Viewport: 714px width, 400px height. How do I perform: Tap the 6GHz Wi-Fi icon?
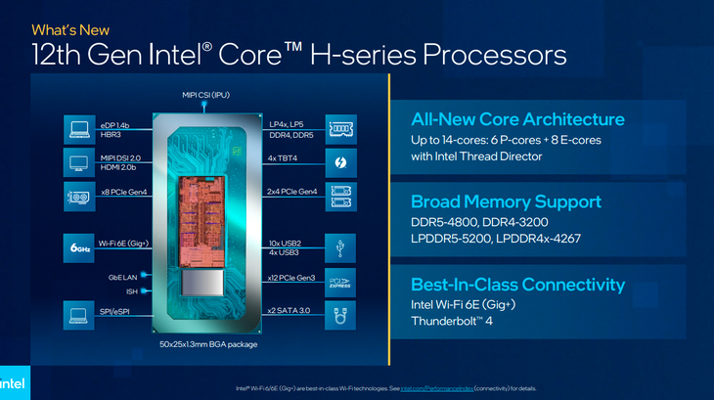(x=79, y=245)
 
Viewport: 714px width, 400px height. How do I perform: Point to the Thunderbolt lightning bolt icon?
(x=341, y=160)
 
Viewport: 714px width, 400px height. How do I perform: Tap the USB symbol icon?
(x=341, y=245)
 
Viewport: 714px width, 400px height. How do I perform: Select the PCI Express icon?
(x=341, y=281)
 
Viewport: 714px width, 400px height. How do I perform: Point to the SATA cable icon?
(x=341, y=315)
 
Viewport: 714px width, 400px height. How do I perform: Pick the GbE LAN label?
(x=122, y=278)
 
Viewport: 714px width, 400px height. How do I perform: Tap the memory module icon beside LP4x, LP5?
(x=341, y=128)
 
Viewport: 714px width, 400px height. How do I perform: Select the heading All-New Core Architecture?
(x=517, y=119)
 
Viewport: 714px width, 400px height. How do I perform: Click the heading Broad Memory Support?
(x=506, y=201)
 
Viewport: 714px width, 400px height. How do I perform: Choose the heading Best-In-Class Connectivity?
(x=517, y=285)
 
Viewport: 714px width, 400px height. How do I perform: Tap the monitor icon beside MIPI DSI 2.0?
(x=79, y=160)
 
